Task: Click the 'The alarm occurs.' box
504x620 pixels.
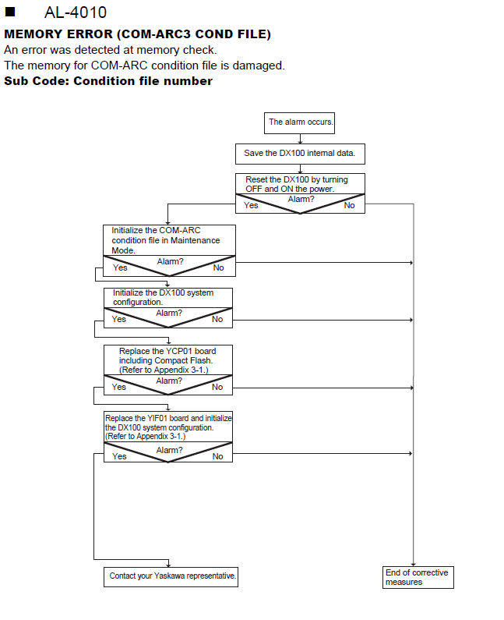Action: (x=299, y=123)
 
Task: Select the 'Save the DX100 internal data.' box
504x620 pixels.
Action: (x=300, y=154)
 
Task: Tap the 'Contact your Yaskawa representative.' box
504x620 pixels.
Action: (x=171, y=577)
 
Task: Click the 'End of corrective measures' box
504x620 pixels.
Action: (x=418, y=577)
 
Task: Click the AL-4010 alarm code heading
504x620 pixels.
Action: (x=76, y=12)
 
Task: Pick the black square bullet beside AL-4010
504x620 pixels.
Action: (x=10, y=12)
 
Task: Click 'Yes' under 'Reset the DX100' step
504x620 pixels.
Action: (x=251, y=205)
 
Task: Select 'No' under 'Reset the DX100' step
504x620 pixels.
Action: (x=349, y=205)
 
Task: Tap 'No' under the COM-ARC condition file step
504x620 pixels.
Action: (x=218, y=267)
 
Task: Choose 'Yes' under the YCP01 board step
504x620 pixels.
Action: (x=119, y=387)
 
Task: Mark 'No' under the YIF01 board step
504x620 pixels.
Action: (x=217, y=456)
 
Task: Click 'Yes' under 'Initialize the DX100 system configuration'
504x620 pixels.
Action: (x=119, y=319)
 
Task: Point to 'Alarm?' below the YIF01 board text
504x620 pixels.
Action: (x=170, y=450)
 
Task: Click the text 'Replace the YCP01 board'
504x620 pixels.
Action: (x=167, y=351)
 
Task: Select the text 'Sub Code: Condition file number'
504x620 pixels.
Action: (x=108, y=81)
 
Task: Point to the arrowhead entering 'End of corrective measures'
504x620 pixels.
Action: (x=414, y=565)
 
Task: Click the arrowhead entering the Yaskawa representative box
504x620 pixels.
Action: (x=169, y=565)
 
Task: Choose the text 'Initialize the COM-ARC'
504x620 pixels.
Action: (x=156, y=230)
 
